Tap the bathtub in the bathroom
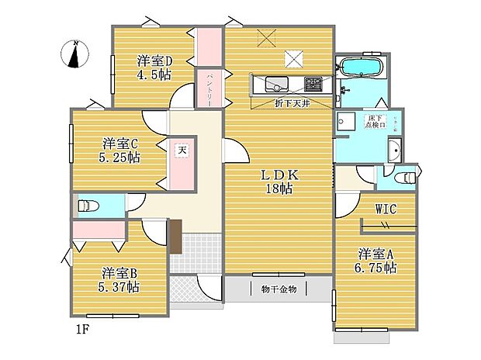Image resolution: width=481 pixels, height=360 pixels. click(361, 68)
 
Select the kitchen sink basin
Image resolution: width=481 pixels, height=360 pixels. click(275, 83)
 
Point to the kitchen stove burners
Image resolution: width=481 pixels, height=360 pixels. click(313, 83)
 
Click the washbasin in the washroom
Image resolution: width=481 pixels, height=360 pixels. click(394, 151)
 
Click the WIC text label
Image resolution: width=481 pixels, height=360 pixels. click(387, 209)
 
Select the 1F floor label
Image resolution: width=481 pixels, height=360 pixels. click(83, 329)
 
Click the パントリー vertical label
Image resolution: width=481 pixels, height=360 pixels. click(209, 88)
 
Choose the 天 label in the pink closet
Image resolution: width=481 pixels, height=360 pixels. click(181, 149)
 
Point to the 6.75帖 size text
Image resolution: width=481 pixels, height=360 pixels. click(377, 268)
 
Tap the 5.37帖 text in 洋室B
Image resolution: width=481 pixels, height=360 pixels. click(119, 287)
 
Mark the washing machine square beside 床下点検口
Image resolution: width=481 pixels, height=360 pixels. click(345, 122)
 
